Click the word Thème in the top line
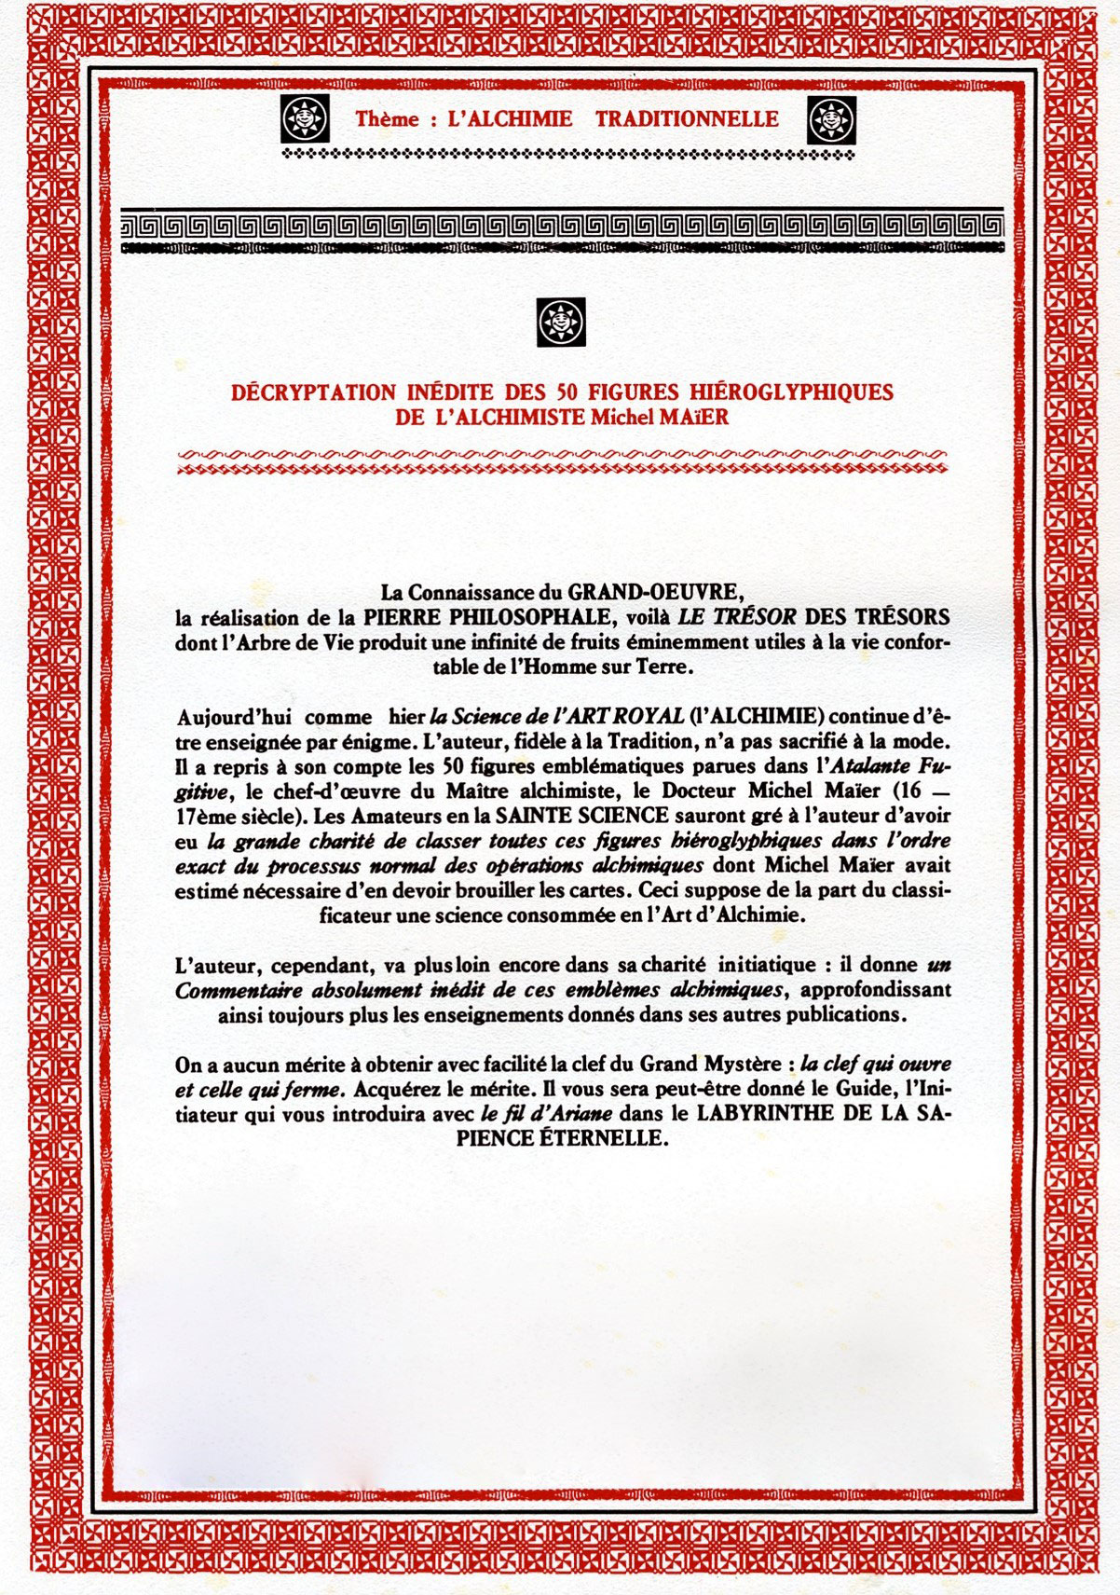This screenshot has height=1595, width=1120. coord(379,119)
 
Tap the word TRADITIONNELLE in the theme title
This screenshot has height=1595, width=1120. coord(687,119)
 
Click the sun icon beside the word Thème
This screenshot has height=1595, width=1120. coord(299,119)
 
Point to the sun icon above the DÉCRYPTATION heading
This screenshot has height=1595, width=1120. coord(560,322)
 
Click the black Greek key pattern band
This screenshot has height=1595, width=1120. coord(562,226)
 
